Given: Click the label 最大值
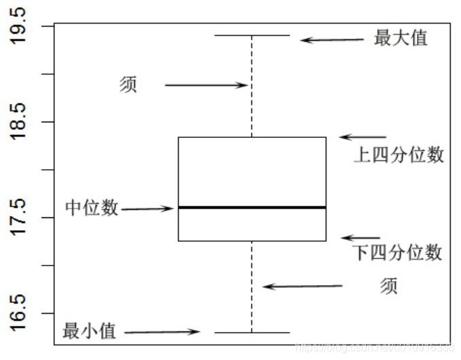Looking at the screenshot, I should (401, 38).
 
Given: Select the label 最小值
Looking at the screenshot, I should (90, 331).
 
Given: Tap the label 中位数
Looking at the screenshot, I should (92, 208).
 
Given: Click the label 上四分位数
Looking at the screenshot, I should (399, 156).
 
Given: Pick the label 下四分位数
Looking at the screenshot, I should (398, 253).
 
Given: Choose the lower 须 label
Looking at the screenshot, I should (388, 286).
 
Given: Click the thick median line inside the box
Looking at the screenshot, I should (252, 207).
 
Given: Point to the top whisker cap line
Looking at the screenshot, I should (252, 35).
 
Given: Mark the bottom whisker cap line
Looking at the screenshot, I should (252, 332).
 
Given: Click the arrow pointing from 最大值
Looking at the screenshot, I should (333, 40).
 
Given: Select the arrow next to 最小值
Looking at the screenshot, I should (162, 332).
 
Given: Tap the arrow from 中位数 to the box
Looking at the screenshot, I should (147, 209).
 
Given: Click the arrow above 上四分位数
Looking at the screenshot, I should (363, 137).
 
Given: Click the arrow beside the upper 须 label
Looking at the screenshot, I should (206, 85).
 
